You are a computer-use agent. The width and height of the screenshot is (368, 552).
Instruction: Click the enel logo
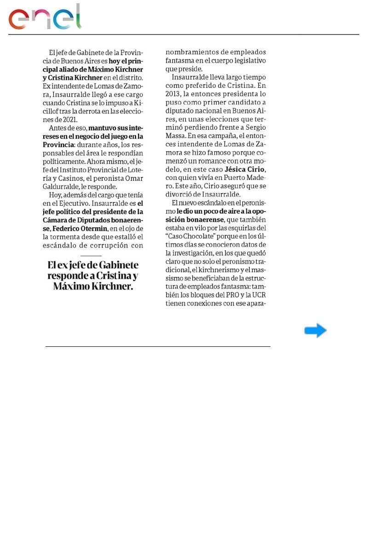[45, 18]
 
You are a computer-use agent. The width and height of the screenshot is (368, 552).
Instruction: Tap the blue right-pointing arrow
[316, 330]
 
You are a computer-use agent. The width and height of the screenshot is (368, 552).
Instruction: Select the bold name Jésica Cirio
[245, 169]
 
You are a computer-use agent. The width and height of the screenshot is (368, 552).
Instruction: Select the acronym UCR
[258, 295]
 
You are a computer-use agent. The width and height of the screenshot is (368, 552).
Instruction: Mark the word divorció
[180, 195]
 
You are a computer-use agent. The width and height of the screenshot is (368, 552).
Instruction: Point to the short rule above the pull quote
[91, 256]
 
